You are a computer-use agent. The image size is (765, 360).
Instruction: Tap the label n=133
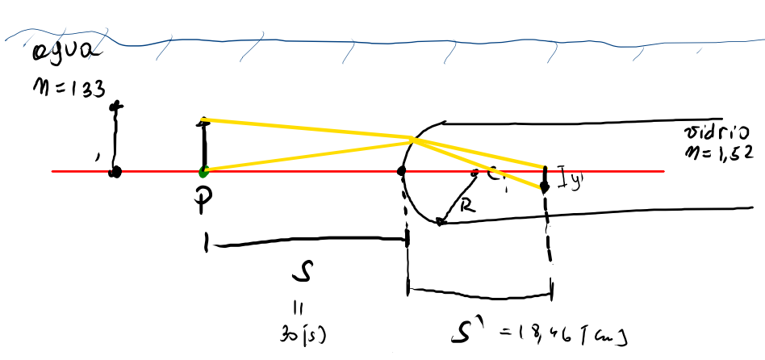coord(68,86)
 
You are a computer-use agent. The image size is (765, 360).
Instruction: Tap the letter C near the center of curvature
coord(494,172)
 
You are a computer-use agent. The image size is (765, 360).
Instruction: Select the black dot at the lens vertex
coord(401,171)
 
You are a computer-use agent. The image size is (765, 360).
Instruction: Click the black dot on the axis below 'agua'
coord(116,172)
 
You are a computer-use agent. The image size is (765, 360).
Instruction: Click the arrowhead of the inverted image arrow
coord(545,188)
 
